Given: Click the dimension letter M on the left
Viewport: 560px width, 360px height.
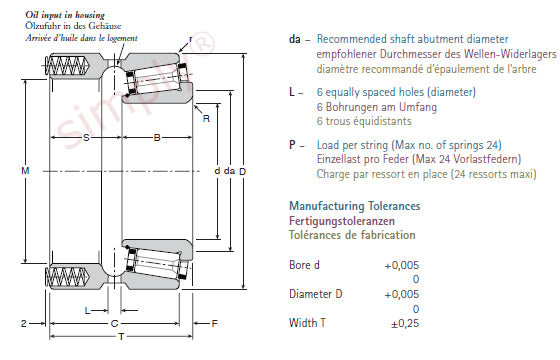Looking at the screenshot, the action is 25,171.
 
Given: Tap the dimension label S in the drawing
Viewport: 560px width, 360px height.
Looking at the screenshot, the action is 86,138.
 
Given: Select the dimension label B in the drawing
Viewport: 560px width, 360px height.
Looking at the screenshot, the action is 157,138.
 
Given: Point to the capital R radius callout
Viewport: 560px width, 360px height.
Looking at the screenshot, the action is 206,119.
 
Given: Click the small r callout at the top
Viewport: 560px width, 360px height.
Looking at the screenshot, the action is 191,39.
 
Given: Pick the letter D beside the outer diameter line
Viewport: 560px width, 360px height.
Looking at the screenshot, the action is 242,171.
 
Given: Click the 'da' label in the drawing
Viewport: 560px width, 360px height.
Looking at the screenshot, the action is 229,171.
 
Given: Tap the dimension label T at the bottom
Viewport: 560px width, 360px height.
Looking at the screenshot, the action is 121,336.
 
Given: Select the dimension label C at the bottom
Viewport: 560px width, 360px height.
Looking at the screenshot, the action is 114,324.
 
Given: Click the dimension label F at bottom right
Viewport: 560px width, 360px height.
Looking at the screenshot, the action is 214,324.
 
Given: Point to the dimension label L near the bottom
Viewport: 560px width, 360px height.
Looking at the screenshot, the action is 87,311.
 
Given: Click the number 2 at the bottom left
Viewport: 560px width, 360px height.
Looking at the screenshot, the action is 24,324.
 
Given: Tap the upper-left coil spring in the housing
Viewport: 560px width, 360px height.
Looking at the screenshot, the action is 66,66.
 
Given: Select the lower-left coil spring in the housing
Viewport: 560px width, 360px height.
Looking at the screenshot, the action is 66,277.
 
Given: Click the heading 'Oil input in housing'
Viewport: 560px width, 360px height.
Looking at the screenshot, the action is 65,15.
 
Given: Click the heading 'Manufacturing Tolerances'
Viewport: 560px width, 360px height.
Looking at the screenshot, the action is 355,206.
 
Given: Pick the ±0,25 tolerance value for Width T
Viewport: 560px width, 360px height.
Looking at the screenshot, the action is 405,324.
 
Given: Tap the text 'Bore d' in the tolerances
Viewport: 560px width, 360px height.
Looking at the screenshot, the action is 304,265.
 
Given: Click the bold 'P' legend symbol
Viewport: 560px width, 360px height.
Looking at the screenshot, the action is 292,145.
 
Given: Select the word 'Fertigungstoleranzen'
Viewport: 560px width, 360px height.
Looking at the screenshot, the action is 342,221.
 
